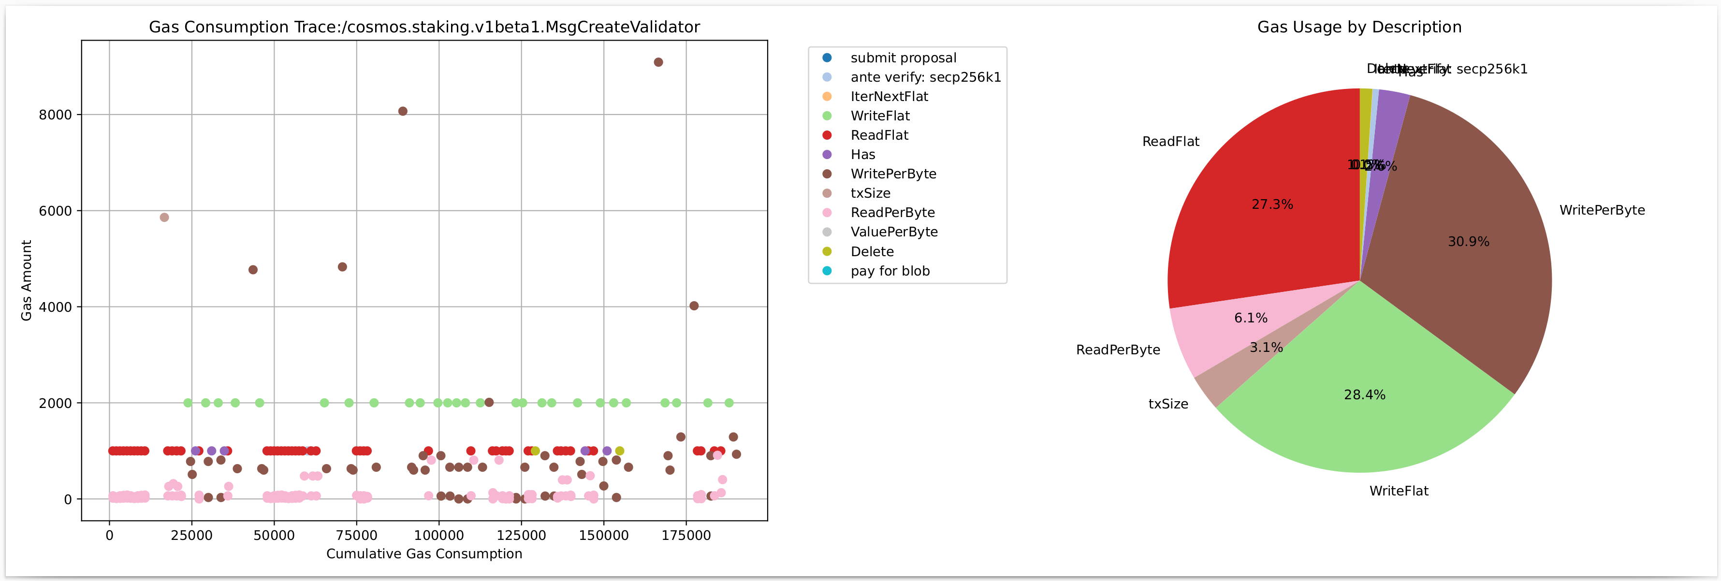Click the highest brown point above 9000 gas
pyautogui.click(x=658, y=62)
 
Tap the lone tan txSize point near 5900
pyautogui.click(x=164, y=217)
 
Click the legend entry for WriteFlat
pyautogui.click(x=880, y=116)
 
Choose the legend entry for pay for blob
pyautogui.click(x=890, y=271)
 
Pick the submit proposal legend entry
pyautogui.click(x=903, y=58)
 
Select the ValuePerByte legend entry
pyautogui.click(x=894, y=232)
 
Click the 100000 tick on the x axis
pyautogui.click(x=439, y=536)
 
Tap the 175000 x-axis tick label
pyautogui.click(x=686, y=536)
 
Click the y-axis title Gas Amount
pyautogui.click(x=27, y=280)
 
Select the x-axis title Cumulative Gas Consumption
pyautogui.click(x=424, y=553)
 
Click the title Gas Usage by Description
pyautogui.click(x=1359, y=27)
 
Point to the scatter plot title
pyautogui.click(x=424, y=27)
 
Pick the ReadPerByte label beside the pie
pyautogui.click(x=1118, y=350)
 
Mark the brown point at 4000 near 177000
pyautogui.click(x=694, y=306)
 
